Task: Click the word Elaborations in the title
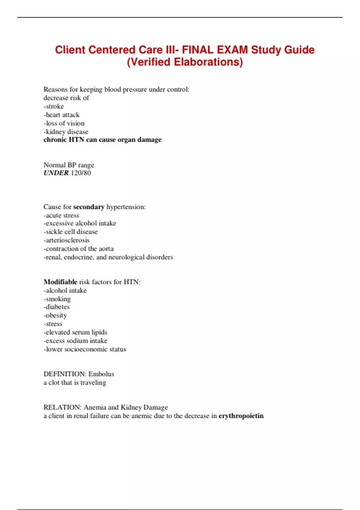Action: click(x=208, y=62)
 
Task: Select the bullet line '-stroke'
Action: click(x=54, y=106)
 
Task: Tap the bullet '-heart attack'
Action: click(x=61, y=115)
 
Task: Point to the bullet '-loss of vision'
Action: click(x=64, y=123)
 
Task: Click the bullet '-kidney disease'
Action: click(x=66, y=132)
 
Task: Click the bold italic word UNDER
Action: click(x=56, y=173)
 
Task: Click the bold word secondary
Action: click(x=89, y=207)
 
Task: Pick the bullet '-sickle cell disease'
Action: click(x=70, y=232)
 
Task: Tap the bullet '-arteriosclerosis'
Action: click(x=67, y=240)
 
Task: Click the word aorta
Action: click(x=106, y=249)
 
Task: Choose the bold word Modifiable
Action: click(x=61, y=282)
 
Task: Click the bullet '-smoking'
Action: click(x=57, y=299)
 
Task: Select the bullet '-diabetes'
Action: click(x=57, y=307)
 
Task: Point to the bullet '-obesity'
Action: click(x=55, y=315)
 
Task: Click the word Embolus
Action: click(x=101, y=374)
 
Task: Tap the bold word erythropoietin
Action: click(x=241, y=416)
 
